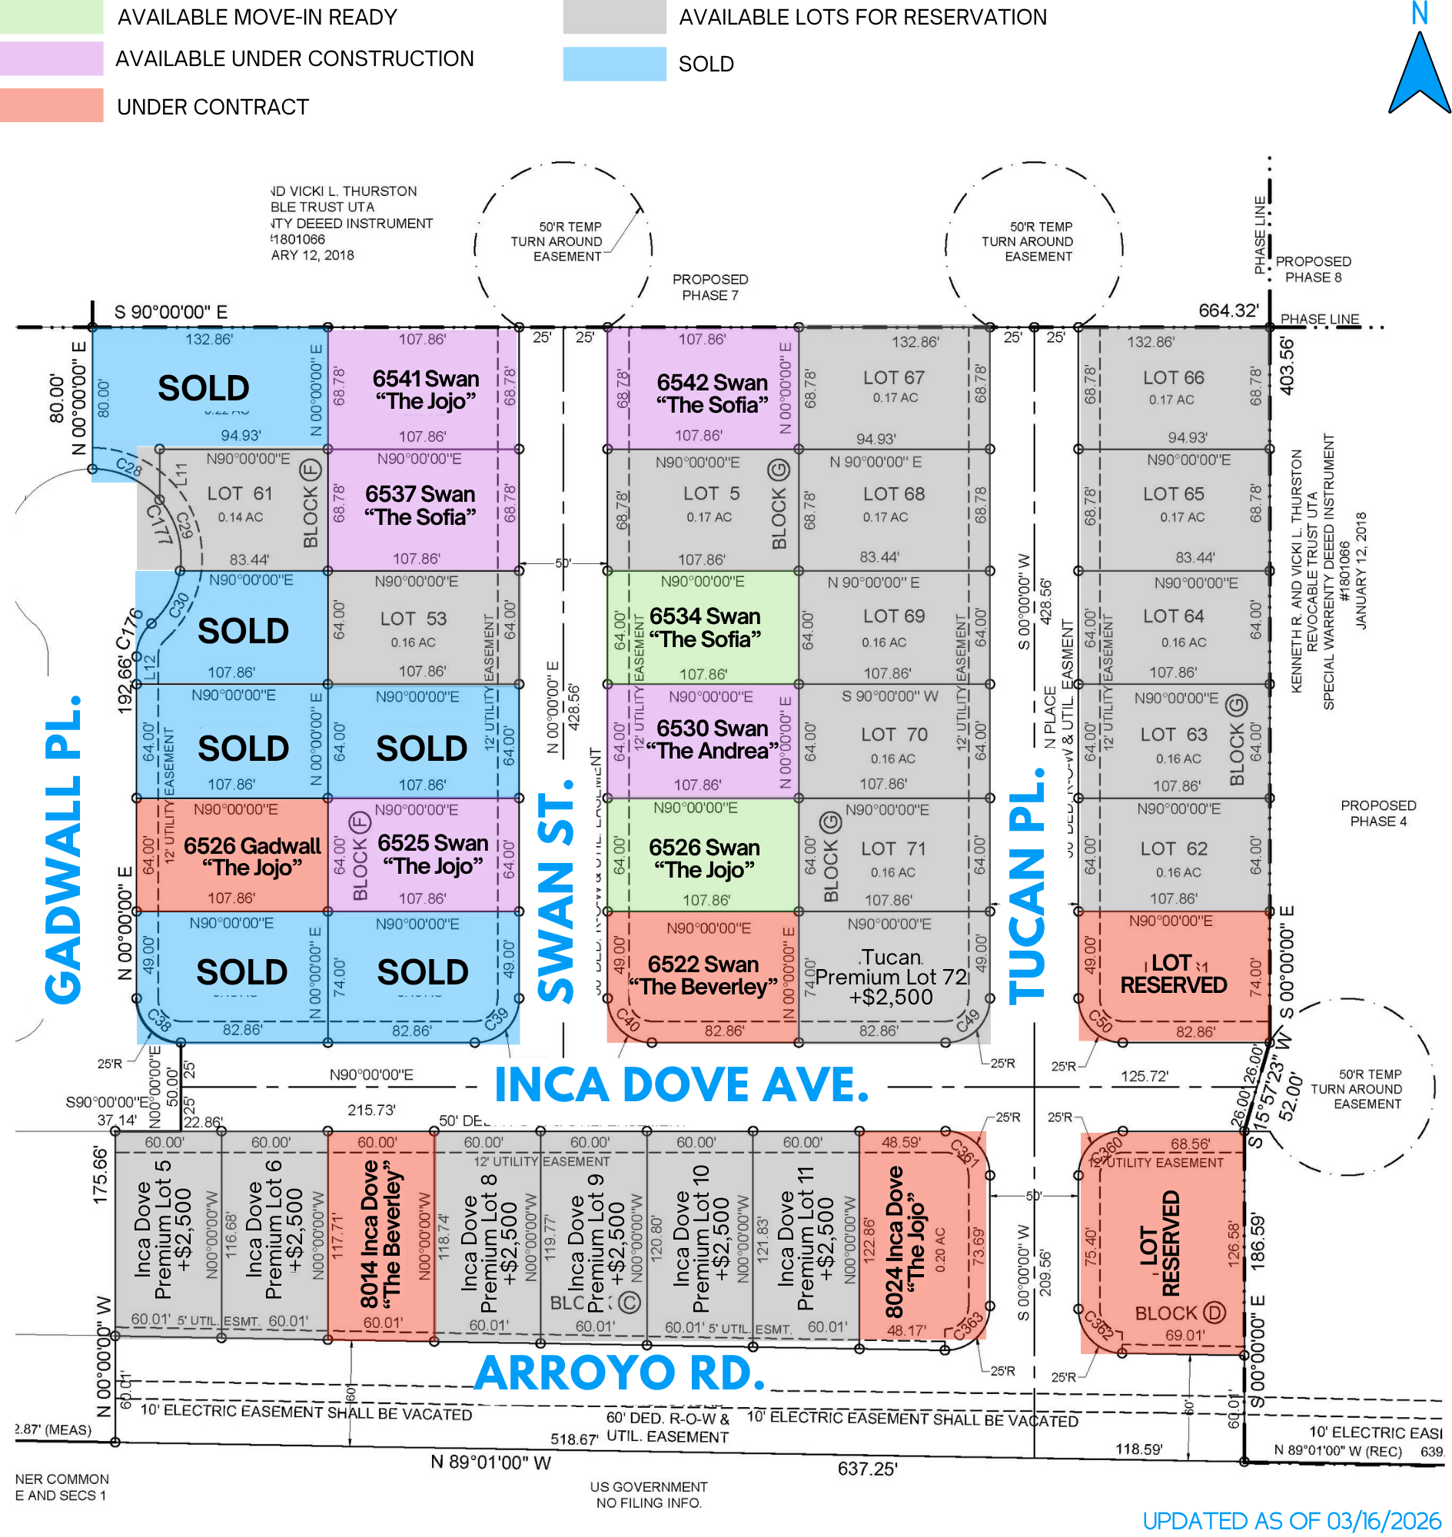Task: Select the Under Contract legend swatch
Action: coord(51,105)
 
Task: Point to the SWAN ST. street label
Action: coord(556,890)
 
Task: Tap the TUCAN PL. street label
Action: coord(1028,886)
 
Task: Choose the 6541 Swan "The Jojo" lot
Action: coord(425,390)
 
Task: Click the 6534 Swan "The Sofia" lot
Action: coord(704,628)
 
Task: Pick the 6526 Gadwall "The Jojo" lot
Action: coord(251,856)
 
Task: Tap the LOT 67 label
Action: coord(894,377)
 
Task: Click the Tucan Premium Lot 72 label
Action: coord(892,977)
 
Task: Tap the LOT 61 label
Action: coord(240,493)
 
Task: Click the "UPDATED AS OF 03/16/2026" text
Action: coord(1291,1521)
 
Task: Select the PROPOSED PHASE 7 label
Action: coord(709,287)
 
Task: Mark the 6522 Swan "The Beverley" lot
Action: coord(703,975)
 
